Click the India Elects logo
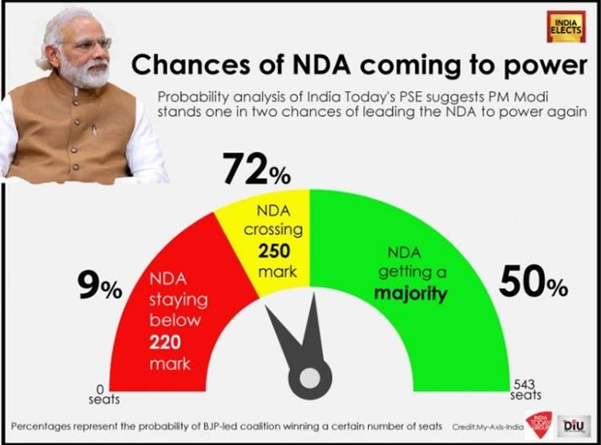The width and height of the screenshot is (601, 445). pyautogui.click(x=566, y=26)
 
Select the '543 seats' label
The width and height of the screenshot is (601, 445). pyautogui.click(x=526, y=390)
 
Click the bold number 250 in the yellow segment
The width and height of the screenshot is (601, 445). pyautogui.click(x=274, y=250)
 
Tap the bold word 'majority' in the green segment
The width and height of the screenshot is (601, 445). pyautogui.click(x=411, y=293)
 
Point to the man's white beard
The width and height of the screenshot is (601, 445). pyautogui.click(x=80, y=76)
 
